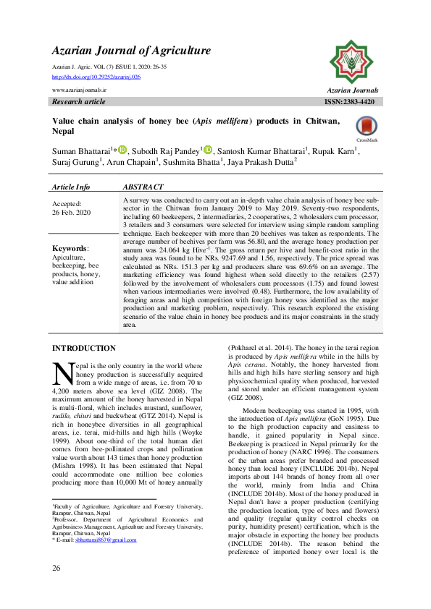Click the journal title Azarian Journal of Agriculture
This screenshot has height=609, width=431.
pos(131,51)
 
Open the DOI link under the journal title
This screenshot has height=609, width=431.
pos(96,76)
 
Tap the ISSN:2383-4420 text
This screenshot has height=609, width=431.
pos(350,102)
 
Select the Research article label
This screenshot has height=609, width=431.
pos(79,102)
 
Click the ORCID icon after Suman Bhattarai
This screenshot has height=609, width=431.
pos(122,150)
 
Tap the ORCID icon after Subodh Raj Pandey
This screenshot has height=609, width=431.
pos(208,150)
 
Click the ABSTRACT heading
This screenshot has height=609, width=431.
pos(144,187)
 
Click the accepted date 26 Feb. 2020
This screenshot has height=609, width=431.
pos(72,213)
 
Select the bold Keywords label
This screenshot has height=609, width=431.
pos(70,248)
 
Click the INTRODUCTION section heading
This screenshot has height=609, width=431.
pos(84,349)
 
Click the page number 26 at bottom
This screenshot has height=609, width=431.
pos(57,589)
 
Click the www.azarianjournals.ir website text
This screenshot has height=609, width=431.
pos(80,90)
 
